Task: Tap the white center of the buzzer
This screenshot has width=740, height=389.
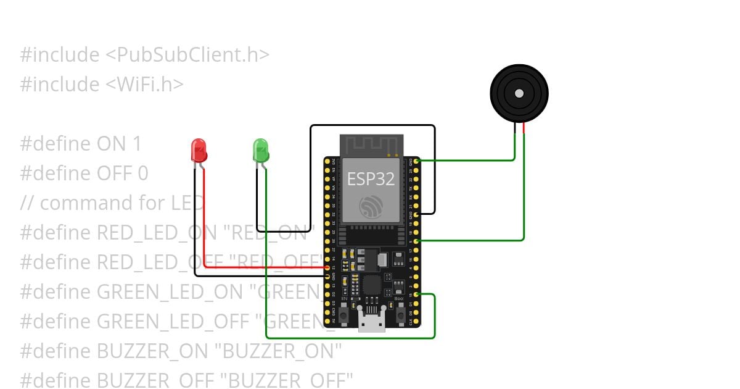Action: coord(519,93)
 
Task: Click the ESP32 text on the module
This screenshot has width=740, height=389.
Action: coord(371,179)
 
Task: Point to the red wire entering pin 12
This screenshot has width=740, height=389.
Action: coord(308,267)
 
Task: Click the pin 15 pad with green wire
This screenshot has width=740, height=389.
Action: coord(417,295)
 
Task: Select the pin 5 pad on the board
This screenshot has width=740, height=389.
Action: coord(417,241)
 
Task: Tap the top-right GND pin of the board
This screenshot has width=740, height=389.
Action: coord(417,161)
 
